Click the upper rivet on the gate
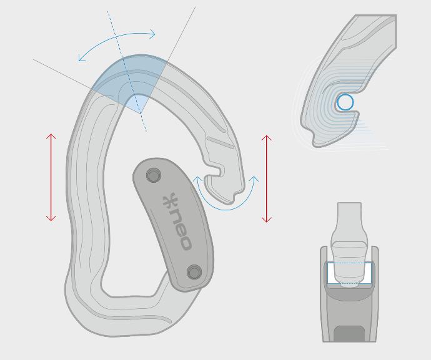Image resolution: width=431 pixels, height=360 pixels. click(154, 175)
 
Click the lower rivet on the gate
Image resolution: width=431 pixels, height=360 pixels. click(194, 272)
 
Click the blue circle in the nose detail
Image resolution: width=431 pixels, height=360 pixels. click(345, 102)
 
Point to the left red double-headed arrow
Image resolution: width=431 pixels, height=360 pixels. click(51, 177)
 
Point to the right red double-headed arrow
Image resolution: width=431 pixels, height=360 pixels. click(267, 179)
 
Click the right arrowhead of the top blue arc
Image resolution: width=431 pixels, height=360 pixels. click(152, 34)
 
